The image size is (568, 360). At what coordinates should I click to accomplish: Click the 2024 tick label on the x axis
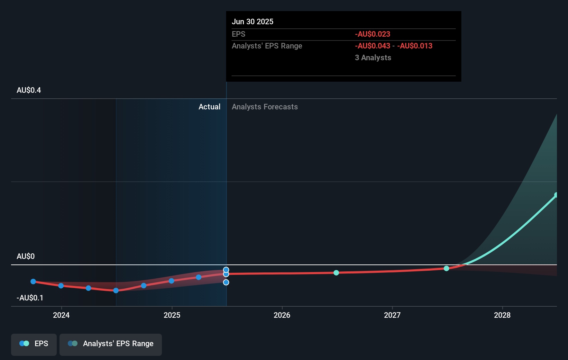(61, 315)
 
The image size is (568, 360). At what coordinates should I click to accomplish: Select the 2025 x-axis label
(172, 315)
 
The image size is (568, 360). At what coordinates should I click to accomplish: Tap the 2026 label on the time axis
(282, 315)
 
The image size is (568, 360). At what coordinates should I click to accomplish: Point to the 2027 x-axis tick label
(392, 315)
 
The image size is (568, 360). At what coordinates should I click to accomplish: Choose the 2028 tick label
(502, 315)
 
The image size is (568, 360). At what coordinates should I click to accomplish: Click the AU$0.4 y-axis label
(29, 90)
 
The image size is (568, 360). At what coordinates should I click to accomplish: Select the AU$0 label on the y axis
(26, 256)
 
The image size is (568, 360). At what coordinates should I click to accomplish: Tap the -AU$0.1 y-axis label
(30, 298)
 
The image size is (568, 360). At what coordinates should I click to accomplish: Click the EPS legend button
(34, 344)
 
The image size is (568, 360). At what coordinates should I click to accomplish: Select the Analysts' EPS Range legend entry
(111, 344)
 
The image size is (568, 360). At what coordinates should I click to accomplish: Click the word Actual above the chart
(209, 107)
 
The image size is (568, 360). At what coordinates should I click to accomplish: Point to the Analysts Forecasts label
(265, 107)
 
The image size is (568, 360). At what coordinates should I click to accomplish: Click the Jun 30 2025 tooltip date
(253, 22)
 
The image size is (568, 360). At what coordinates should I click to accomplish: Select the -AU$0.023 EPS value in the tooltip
(373, 34)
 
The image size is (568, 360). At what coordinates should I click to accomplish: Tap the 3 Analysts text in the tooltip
(373, 58)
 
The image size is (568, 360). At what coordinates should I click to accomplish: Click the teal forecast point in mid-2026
(336, 273)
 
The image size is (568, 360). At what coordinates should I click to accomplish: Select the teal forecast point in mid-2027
(447, 268)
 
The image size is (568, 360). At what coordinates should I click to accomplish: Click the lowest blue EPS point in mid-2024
(116, 290)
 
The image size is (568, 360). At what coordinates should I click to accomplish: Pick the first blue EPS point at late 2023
(33, 281)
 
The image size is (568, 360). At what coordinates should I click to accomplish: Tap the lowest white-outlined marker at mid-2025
(226, 282)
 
